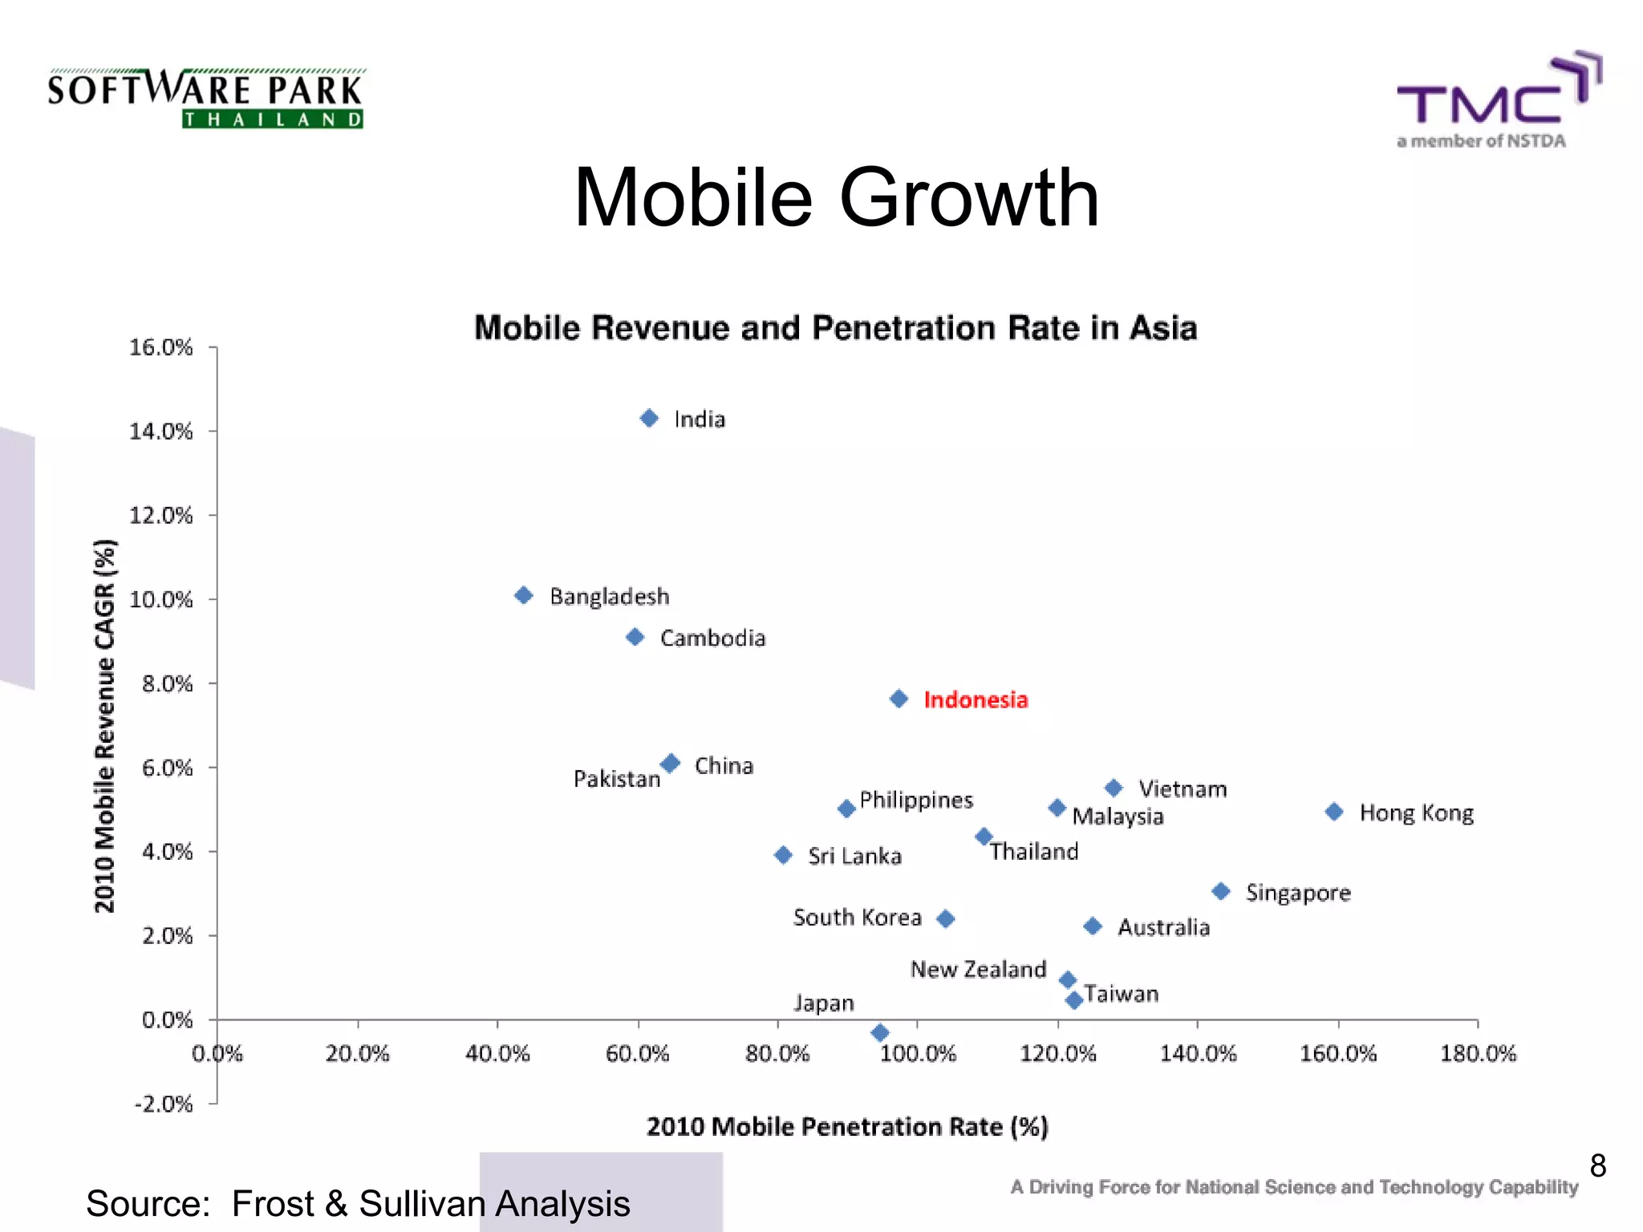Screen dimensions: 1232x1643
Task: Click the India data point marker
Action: pos(649,418)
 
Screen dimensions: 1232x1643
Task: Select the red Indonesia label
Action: pos(975,699)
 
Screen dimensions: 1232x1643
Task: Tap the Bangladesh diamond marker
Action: pos(524,595)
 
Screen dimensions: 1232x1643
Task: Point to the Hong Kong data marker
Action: pos(1334,812)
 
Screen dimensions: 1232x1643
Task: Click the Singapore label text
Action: pos(1297,893)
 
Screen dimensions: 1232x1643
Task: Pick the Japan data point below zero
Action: pos(880,1032)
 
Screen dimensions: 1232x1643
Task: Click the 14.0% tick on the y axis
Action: pos(161,432)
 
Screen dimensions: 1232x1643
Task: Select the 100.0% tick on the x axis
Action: pos(918,1053)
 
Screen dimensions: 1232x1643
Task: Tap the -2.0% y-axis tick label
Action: pos(163,1104)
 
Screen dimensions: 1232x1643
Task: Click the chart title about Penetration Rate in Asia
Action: pos(835,328)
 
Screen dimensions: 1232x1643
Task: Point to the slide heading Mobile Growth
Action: pos(836,197)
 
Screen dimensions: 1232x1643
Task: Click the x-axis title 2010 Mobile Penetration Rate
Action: pos(847,1127)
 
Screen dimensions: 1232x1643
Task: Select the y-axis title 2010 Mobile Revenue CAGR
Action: pos(105,726)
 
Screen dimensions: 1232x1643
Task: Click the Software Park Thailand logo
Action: pos(206,99)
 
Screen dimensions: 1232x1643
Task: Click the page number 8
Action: pos(1597,1165)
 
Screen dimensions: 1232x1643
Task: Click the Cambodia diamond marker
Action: pos(635,637)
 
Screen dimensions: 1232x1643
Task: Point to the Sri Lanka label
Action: pos(854,856)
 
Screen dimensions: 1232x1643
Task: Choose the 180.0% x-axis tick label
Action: pos(1478,1053)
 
